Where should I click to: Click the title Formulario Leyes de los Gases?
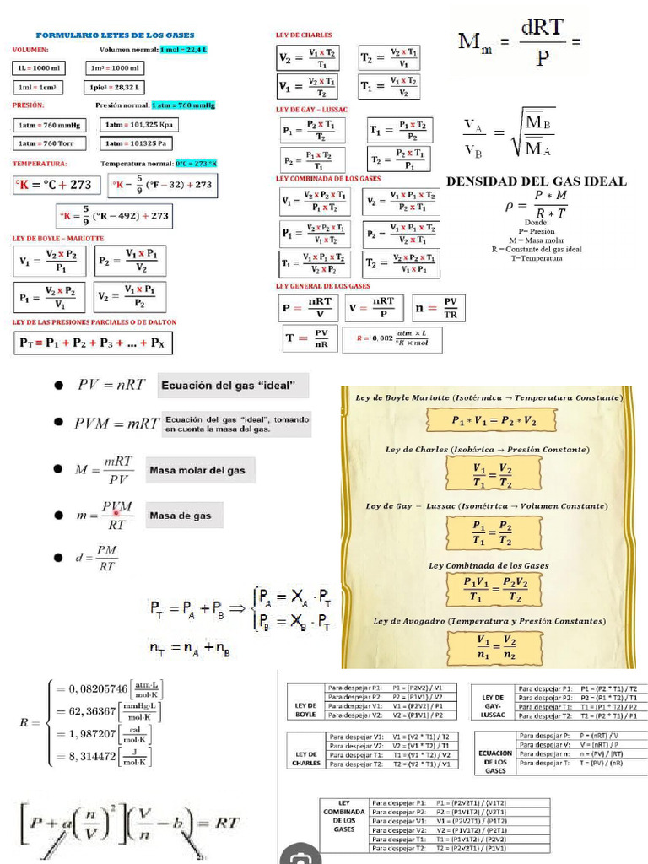pos(115,35)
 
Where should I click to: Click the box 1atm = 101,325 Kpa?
pos(140,125)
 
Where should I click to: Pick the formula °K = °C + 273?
pos(57,185)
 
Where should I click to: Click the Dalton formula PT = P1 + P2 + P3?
pos(93,343)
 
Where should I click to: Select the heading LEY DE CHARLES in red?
pos(304,35)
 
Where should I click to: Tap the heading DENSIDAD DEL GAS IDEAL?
pos(536,181)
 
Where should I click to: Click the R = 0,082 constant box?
pos(397,339)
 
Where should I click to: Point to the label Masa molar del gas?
pos(201,469)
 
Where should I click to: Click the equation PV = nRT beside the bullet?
pos(111,386)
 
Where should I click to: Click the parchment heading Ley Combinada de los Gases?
pos(489,566)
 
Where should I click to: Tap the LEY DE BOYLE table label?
pos(305,710)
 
